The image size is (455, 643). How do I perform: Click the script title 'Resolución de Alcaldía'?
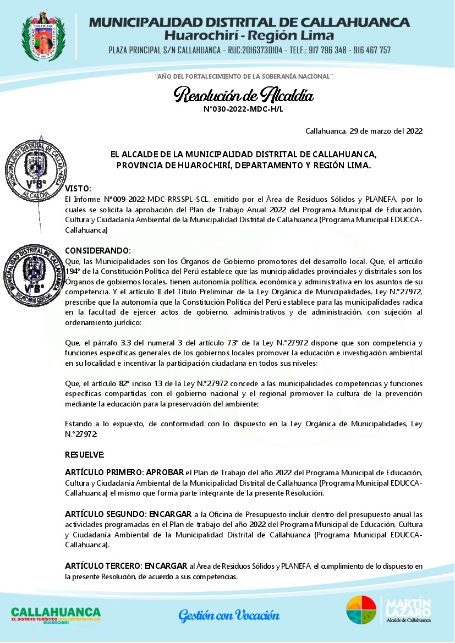click(x=244, y=96)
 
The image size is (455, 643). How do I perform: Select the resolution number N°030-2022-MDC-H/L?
click(x=243, y=109)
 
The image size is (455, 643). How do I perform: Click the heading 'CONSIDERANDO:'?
click(x=98, y=250)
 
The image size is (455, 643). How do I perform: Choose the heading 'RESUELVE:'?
click(x=84, y=455)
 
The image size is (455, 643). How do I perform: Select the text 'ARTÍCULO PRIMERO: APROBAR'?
click(x=124, y=472)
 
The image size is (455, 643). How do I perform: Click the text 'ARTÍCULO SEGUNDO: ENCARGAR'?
click(x=128, y=514)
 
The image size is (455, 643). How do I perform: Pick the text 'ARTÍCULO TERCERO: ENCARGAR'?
click(x=127, y=565)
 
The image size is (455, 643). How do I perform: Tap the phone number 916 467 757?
click(x=370, y=50)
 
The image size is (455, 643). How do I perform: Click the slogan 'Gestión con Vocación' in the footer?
click(x=228, y=614)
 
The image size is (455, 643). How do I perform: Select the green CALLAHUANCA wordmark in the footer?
click(x=56, y=612)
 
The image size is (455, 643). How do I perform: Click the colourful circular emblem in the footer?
click(x=361, y=610)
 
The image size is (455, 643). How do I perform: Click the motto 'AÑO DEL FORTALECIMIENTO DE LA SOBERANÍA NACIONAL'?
click(x=244, y=75)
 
